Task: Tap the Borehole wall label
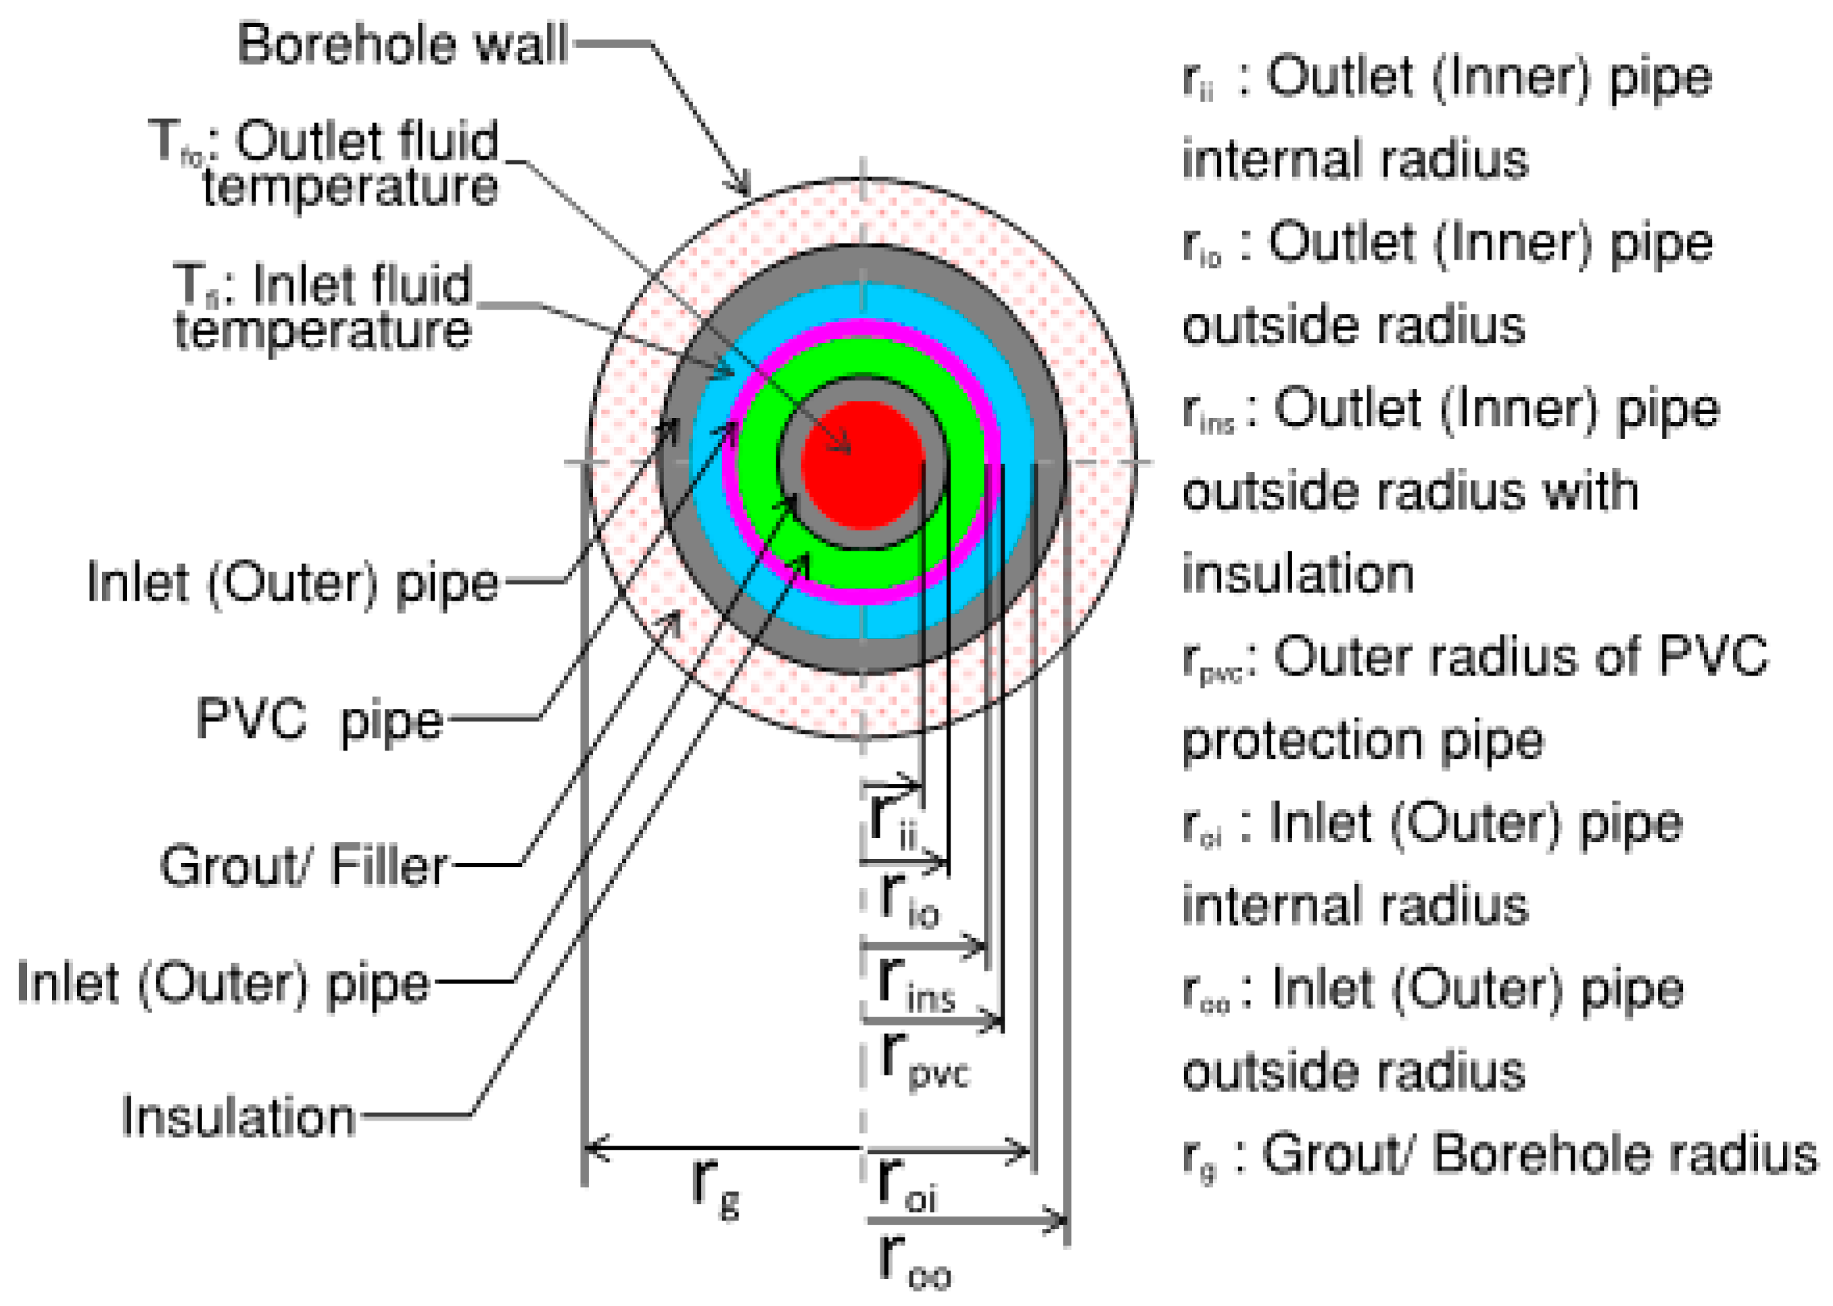(x=402, y=44)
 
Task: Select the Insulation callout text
(x=239, y=1117)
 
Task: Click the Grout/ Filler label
(x=303, y=866)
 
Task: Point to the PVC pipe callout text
(x=319, y=718)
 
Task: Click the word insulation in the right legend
(x=1298, y=574)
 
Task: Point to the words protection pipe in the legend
(x=1363, y=741)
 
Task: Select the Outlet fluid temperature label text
(x=337, y=163)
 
